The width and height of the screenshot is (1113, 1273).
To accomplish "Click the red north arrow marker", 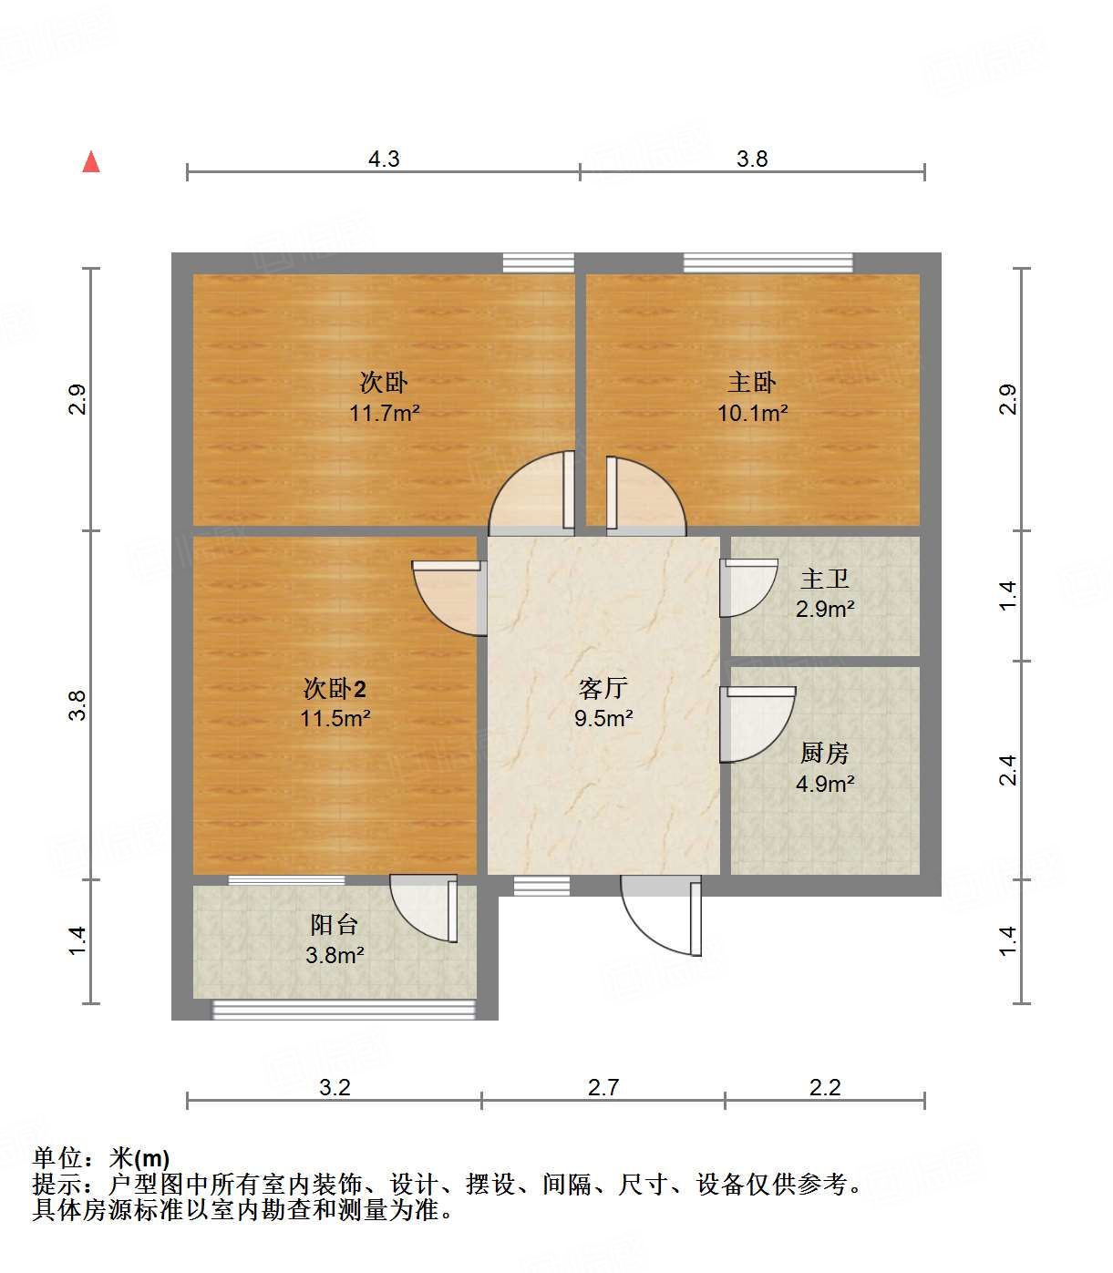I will point(91,162).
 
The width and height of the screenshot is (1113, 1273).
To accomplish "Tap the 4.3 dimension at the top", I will point(384,159).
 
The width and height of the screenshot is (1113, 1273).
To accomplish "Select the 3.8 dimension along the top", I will point(752,159).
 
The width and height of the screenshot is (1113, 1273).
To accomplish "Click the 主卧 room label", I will point(752,383).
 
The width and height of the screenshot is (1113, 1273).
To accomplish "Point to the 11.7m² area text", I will point(384,413).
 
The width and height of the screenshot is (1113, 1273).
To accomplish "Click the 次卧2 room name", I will point(335,688).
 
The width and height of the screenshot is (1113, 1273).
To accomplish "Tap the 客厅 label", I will point(603,688).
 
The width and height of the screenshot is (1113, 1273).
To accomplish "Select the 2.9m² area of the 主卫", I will point(825,609).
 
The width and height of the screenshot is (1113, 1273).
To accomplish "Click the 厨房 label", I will point(825,753).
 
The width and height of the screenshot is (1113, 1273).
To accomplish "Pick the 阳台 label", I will point(335,925).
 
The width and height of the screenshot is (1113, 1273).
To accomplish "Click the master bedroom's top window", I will point(768,262).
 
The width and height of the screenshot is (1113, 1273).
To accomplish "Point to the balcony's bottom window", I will point(344,1010).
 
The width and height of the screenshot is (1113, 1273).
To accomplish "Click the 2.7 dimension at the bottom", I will point(603,1087).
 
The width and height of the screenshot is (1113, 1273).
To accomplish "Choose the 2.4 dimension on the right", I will point(1007,771).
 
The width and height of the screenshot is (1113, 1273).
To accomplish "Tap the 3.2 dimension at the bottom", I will point(335,1087).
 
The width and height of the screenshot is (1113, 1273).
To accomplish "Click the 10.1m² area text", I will point(752,413).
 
